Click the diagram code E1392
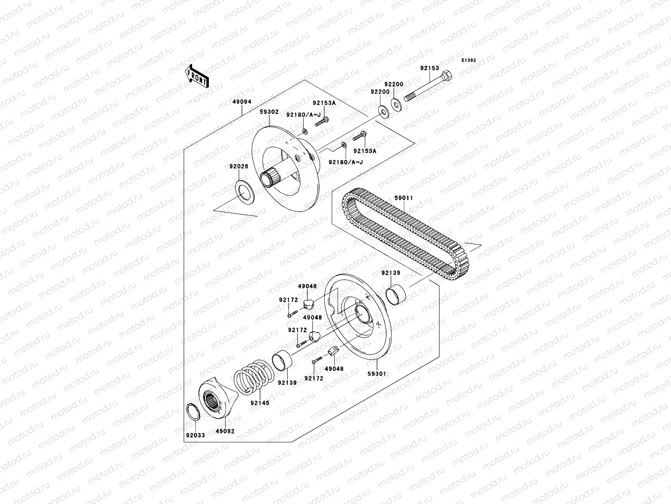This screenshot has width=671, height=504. tap(469, 60)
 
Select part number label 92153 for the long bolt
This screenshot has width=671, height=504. tap(430, 68)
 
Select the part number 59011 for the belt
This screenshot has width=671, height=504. tap(403, 197)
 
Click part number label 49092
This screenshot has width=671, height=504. tap(225, 431)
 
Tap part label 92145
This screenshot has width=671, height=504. tap(260, 403)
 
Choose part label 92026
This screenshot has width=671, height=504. tap(239, 166)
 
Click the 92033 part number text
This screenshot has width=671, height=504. tap(195, 436)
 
